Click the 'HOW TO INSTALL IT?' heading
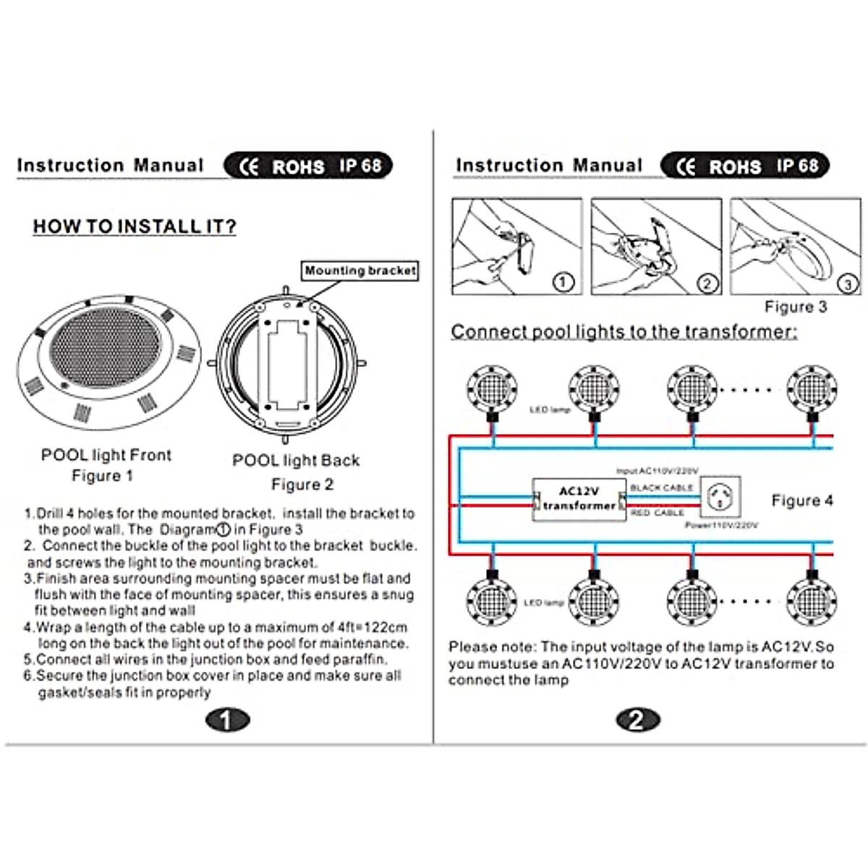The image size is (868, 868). pos(135,226)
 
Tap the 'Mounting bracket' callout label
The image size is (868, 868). pos(360,271)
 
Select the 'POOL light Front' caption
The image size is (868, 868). pos(106,455)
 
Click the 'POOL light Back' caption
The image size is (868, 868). pos(296,460)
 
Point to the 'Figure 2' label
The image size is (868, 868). pos(302,485)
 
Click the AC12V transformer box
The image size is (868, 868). pos(579,499)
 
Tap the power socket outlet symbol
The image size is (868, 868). pos(721,497)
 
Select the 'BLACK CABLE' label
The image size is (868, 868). pos(661,488)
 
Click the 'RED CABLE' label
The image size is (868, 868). pos(657,513)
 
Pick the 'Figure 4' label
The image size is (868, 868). pos(802,501)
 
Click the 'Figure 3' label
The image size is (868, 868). pos(796,307)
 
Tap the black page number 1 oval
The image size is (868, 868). pos(226,720)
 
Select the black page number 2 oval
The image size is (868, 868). pos(637,720)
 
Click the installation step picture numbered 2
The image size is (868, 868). pos(655,247)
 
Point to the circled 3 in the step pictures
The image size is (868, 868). pos(848,284)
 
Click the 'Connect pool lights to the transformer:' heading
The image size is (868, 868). pos(624,332)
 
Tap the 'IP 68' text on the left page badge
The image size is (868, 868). pos(360,166)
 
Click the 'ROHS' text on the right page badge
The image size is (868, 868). pos(735,167)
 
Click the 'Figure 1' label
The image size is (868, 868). pos(102,476)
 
